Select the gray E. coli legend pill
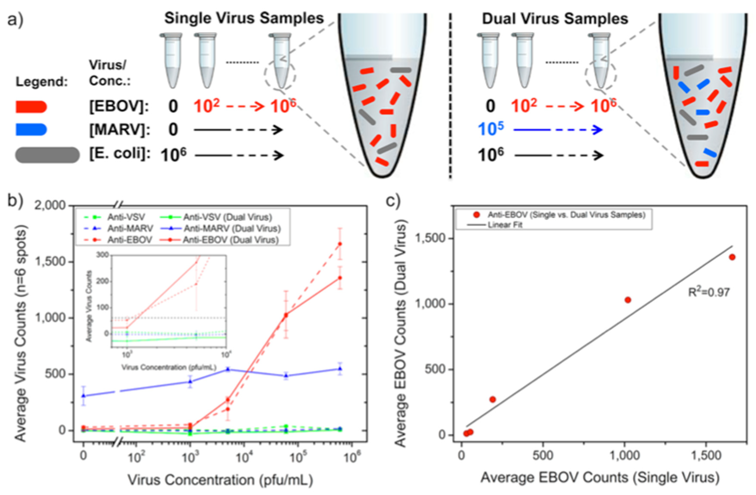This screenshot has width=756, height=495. tap(47, 155)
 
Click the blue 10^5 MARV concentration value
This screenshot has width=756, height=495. tap(491, 129)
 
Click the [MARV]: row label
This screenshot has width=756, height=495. tap(119, 130)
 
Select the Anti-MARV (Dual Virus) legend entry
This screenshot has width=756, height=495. tap(232, 228)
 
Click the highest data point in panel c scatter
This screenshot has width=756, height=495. tap(732, 257)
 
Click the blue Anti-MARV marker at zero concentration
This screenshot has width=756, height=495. tap(83, 396)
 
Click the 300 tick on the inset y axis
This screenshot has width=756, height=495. tap(105, 255)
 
